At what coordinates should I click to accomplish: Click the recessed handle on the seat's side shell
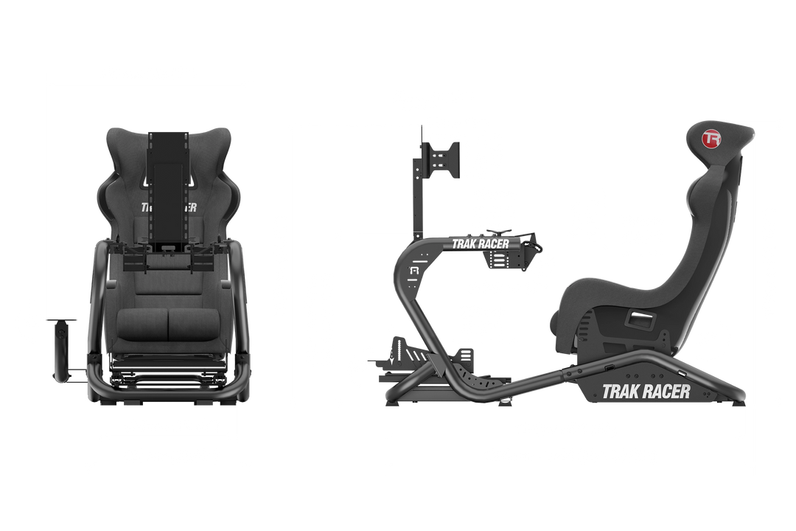pos(638,319)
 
